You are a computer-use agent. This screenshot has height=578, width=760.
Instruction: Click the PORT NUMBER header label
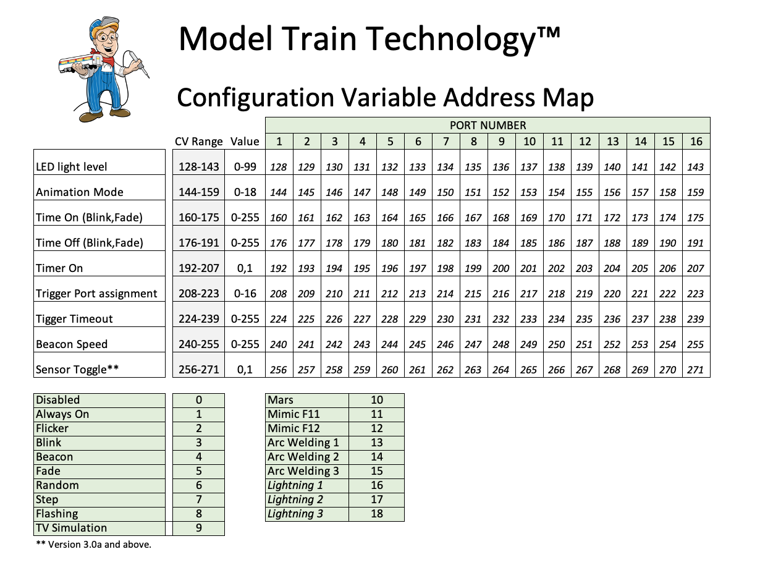tap(488, 125)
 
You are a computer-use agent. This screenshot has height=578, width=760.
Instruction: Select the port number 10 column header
tap(529, 142)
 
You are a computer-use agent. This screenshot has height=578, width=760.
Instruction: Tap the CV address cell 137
tap(529, 167)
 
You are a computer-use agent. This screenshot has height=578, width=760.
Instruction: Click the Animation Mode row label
tap(79, 192)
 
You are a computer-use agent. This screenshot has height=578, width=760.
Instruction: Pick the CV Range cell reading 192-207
tap(199, 268)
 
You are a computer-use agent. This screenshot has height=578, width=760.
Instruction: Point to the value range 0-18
tap(245, 192)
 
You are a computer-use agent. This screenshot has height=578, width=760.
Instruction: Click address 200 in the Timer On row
tap(500, 268)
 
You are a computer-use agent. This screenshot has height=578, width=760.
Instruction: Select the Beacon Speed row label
tap(72, 344)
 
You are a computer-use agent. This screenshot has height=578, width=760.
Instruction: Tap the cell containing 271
tap(695, 370)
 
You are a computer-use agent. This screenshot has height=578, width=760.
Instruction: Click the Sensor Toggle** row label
tap(77, 370)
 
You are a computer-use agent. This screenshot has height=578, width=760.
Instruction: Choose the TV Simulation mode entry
tap(71, 527)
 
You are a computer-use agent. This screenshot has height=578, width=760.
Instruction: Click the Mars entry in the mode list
tap(280, 399)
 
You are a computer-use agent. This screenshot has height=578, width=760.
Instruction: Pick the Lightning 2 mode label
tap(295, 499)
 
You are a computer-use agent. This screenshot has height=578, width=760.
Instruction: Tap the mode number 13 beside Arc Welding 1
tap(377, 442)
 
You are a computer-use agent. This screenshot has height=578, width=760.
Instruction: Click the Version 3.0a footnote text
tap(94, 545)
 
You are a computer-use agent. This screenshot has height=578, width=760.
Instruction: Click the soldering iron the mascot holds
tap(139, 64)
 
